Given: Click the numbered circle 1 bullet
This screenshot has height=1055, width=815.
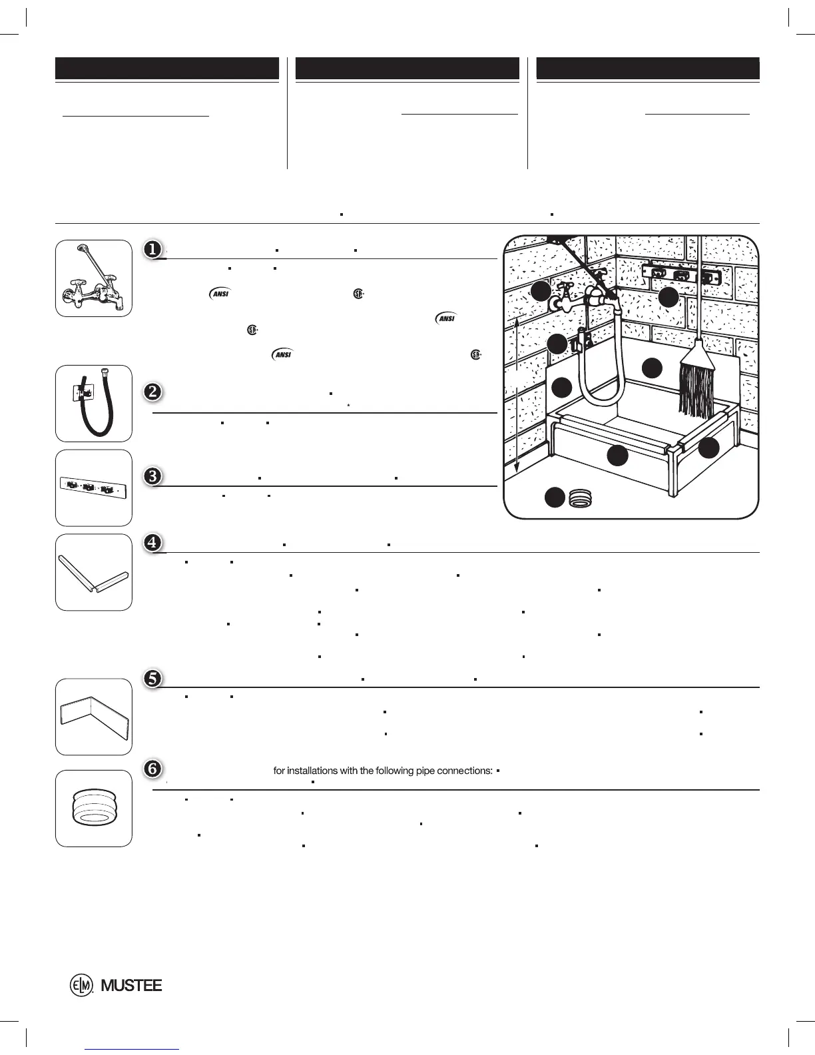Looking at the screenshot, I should pyautogui.click(x=152, y=249).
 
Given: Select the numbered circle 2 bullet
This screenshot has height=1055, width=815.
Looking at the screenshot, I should pyautogui.click(x=152, y=392).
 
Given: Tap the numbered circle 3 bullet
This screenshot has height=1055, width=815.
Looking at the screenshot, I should pyautogui.click(x=152, y=476).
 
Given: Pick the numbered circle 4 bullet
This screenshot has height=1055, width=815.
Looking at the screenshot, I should pyautogui.click(x=152, y=543).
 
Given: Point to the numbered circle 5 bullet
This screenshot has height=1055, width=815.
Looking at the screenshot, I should pyautogui.click(x=152, y=678).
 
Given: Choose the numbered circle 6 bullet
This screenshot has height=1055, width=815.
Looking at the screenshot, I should pyautogui.click(x=152, y=769).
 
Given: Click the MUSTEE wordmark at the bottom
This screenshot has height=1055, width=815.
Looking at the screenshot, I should pyautogui.click(x=131, y=986).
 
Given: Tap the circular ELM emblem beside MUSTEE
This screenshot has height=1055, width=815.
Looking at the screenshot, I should pyautogui.click(x=81, y=986).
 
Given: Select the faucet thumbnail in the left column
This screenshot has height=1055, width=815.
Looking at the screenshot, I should pyautogui.click(x=93, y=278).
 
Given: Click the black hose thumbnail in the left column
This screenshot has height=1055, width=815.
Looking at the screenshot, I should pyautogui.click(x=93, y=403).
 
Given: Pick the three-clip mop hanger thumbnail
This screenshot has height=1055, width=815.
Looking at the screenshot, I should pyautogui.click(x=93, y=488).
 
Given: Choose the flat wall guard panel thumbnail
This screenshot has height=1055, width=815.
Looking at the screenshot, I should pyautogui.click(x=93, y=717).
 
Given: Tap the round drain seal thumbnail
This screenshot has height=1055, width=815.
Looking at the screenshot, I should pyautogui.click(x=93, y=809).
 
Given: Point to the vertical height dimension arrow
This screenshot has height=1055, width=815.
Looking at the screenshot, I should pyautogui.click(x=517, y=393).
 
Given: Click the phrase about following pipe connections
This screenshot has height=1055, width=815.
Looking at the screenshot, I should pyautogui.click(x=383, y=771).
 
